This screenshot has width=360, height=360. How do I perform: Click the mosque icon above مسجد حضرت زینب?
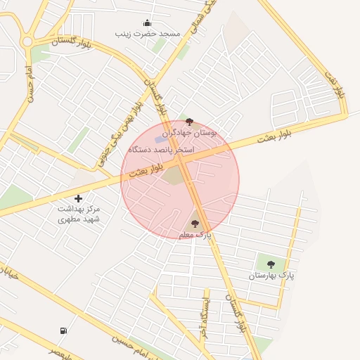click(x=146, y=22)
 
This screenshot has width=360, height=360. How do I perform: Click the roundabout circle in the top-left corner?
click(x=27, y=41)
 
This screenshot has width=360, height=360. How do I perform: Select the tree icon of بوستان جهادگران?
click(x=189, y=122)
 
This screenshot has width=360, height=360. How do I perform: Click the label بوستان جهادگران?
click(x=189, y=132)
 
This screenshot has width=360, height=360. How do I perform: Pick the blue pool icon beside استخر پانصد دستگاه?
click(x=158, y=140)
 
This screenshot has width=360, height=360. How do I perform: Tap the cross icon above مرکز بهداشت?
click(x=78, y=198)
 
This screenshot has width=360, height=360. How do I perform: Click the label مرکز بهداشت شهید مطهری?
click(x=78, y=214)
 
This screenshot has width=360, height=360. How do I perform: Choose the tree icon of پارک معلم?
click(x=195, y=224)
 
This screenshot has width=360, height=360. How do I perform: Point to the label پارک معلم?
click(x=195, y=234)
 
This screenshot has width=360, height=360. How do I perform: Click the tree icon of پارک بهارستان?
click(x=271, y=264)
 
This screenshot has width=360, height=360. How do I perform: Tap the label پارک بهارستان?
click(x=271, y=275)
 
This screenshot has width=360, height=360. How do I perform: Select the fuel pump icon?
click(x=64, y=330)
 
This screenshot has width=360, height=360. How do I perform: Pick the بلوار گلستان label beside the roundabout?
click(x=73, y=41)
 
